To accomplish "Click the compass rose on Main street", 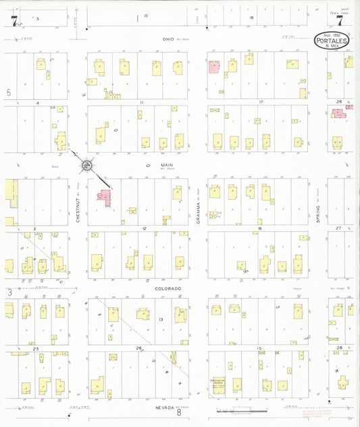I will pos(88,164).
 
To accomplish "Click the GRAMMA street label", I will pos(200,212).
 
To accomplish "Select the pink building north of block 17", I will pos(213,67).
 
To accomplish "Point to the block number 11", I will pos(142,102).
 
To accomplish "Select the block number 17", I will pos(259,102).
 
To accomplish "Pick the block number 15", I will pos(259,348).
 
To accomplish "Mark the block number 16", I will pos(259,229).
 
